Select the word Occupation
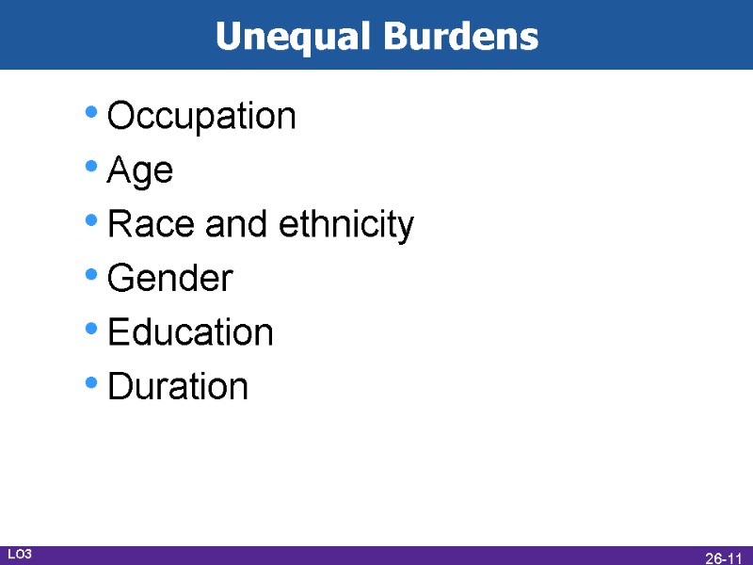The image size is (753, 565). point(201,117)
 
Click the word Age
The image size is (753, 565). point(140,172)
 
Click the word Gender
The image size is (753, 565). point(170,279)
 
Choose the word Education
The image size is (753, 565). point(190,332)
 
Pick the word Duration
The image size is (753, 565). point(178,386)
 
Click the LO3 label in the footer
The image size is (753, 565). point(20,555)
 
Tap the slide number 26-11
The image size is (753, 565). point(724,558)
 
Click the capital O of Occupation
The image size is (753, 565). point(120,117)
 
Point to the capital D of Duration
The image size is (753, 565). point(120,386)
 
